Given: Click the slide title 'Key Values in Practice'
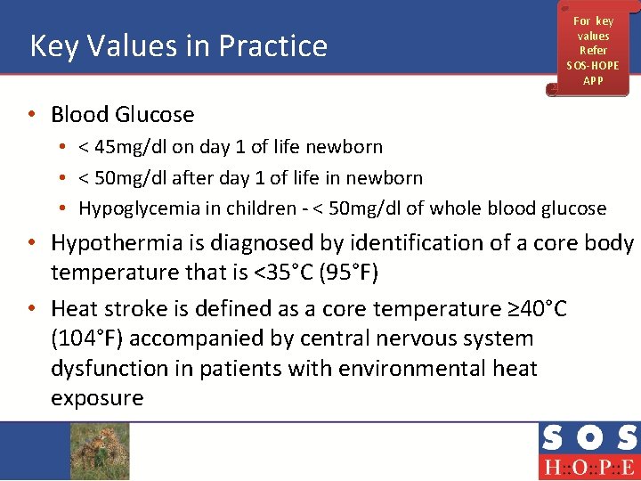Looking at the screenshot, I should pos(179,46).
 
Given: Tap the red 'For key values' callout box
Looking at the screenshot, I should pos(592,50).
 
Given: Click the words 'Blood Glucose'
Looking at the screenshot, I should pos(122,115).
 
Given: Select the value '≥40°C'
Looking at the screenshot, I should pos(535,309).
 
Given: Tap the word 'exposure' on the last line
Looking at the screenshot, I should pos(97,398).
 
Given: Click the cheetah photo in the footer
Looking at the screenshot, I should pos(101,451).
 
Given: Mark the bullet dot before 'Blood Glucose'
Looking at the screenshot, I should pos(32,115).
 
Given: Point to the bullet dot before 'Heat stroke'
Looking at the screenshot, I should pos(32,309).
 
